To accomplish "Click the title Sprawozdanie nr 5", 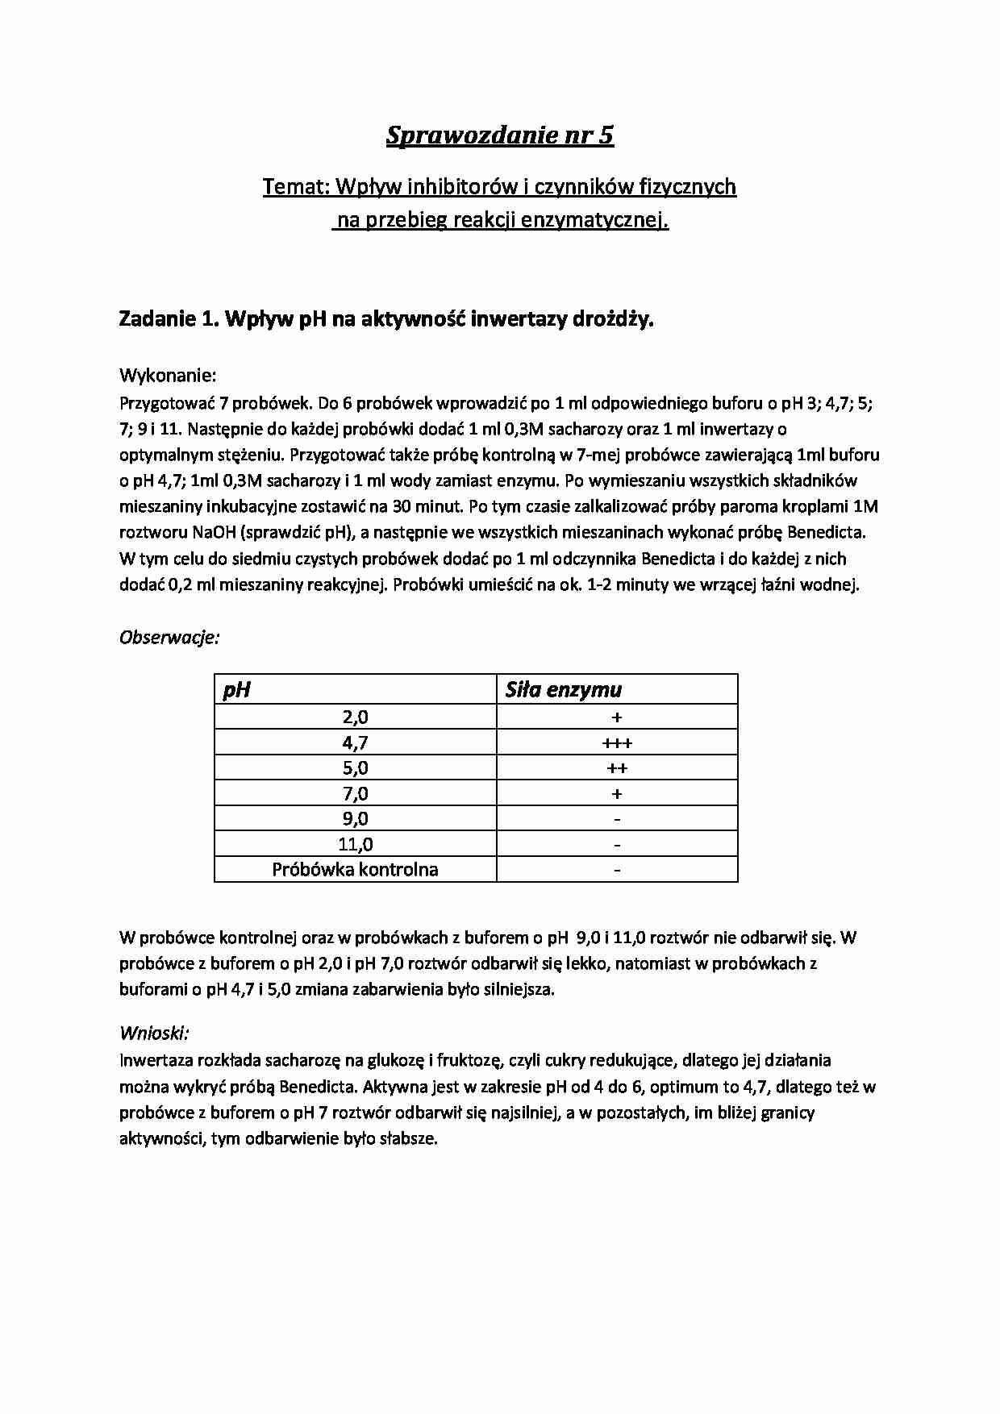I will [499, 135].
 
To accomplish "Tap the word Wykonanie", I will [167, 376].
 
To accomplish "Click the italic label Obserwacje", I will [169, 638].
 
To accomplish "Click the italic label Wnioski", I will [153, 1033].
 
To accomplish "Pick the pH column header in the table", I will [236, 690].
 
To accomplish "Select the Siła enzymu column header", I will [563, 690].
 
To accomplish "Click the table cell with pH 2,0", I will [355, 717].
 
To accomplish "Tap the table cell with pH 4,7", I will [355, 742].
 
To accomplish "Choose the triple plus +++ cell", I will [617, 742].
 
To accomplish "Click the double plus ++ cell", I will [617, 768].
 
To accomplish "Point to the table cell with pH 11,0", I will [355, 844].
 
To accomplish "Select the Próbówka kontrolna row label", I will [355, 870].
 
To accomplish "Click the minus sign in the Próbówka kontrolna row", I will [617, 870].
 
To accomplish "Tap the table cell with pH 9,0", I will [355, 819].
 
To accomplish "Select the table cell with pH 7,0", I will [355, 793].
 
